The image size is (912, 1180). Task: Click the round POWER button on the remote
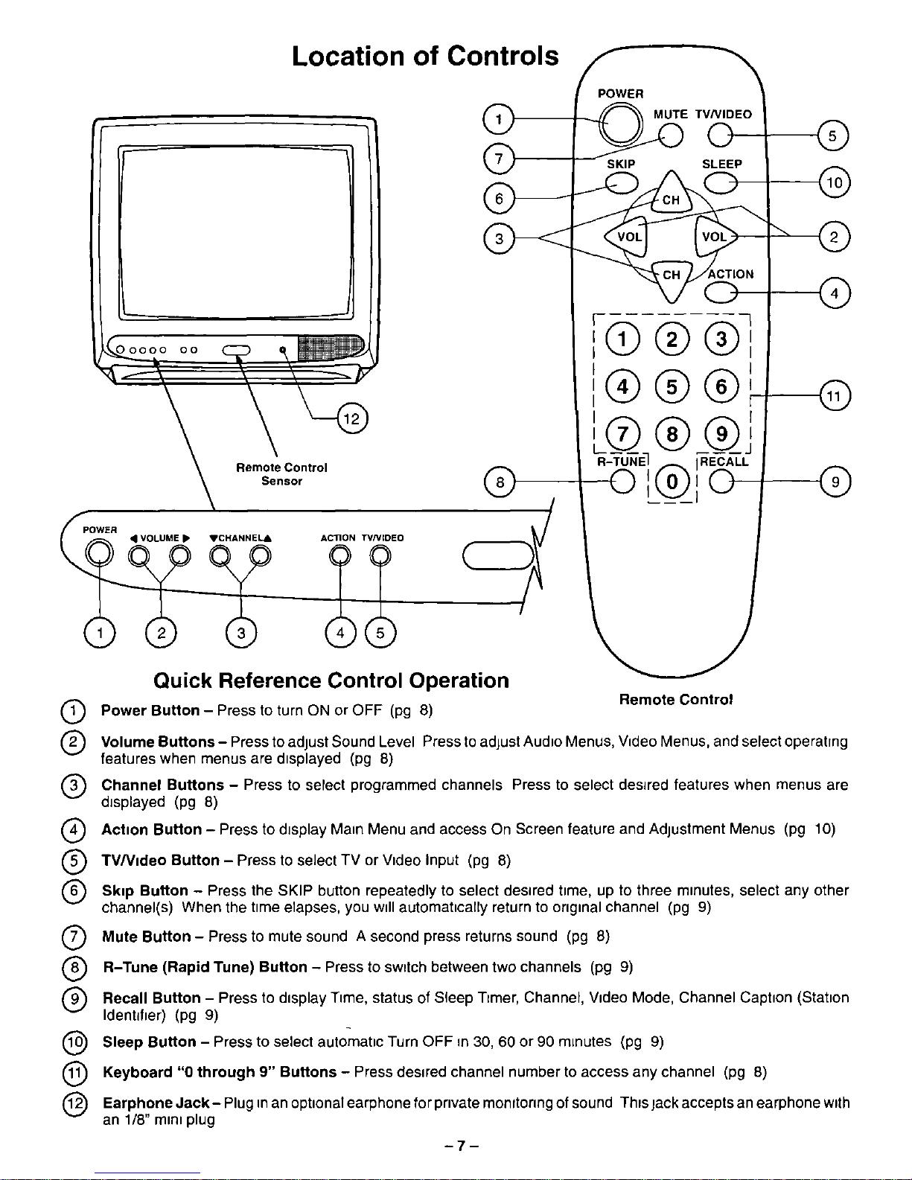620,124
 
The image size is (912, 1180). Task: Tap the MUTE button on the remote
671,135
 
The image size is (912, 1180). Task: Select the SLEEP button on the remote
721,183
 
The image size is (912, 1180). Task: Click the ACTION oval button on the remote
721,293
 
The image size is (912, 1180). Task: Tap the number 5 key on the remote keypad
672,386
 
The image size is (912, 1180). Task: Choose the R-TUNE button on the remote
622,481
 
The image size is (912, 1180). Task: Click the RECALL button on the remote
721,481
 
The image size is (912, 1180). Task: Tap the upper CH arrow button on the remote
672,194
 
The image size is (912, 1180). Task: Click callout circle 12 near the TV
351,418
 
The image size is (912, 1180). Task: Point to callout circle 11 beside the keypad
835,396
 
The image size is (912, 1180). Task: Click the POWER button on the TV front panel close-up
99,555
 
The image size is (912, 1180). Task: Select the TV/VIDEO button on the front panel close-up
380,555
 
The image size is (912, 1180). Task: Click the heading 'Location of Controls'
425,56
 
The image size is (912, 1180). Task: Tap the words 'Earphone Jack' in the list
156,1103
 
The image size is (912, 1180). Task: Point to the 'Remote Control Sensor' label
281,474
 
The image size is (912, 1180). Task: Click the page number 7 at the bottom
462,1146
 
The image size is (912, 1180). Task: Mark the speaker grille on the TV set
331,348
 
